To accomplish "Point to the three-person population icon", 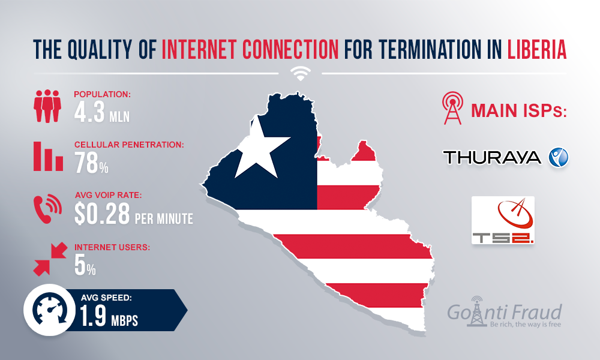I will click(x=47, y=107).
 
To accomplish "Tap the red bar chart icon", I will click(x=48, y=157).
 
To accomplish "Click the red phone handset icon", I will click(x=46, y=208).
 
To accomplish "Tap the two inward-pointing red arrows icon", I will click(x=49, y=260).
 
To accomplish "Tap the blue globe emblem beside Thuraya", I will click(x=558, y=157).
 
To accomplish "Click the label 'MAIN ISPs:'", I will click(x=519, y=112).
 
